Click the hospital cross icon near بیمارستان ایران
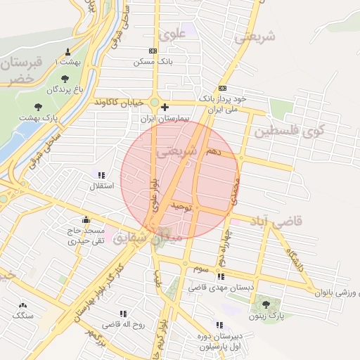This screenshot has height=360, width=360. [165, 108]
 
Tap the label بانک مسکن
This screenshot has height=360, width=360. [154, 62]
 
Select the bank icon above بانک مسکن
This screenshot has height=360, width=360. [154, 51]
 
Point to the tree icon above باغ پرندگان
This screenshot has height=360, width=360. [65, 78]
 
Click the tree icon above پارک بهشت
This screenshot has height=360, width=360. [39, 107]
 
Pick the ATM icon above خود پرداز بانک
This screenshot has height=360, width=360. [222, 88]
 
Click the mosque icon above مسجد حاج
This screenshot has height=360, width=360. [86, 219]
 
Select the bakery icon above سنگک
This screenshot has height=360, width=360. [23, 305]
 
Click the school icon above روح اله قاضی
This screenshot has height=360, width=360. [124, 314]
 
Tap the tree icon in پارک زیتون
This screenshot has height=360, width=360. [266, 305]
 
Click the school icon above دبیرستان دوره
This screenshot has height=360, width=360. [219, 325]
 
